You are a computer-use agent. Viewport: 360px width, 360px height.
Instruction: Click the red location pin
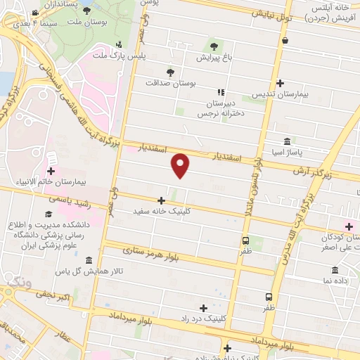181,166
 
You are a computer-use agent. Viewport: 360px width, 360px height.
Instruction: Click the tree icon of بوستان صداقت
170,72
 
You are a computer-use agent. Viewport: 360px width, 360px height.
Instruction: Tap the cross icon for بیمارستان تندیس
281,83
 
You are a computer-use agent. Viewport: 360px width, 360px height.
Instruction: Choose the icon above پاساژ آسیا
287,140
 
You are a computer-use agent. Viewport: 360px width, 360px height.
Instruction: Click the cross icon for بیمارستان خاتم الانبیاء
51,171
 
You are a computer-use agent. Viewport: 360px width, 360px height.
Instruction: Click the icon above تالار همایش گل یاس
88,261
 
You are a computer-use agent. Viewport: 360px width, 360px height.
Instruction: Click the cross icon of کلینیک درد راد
204,307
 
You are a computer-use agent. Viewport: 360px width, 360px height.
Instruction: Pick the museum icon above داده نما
334,271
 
